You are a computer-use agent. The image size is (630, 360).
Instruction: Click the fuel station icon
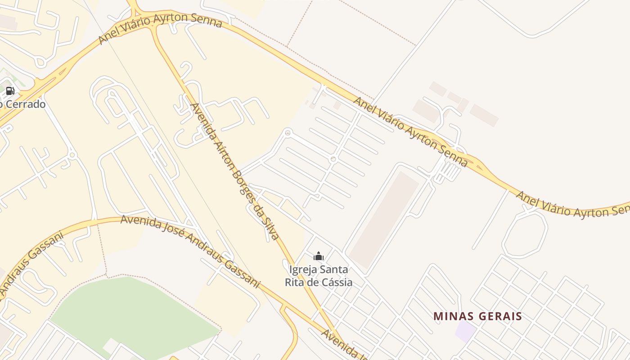[10, 91]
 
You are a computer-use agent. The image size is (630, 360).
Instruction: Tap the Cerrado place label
[25, 104]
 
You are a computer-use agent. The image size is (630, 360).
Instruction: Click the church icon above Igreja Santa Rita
[319, 256]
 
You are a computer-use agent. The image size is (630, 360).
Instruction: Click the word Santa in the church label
[333, 270]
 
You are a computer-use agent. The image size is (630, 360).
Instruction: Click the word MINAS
[452, 316]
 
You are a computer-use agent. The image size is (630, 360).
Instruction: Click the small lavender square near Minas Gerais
[465, 331]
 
